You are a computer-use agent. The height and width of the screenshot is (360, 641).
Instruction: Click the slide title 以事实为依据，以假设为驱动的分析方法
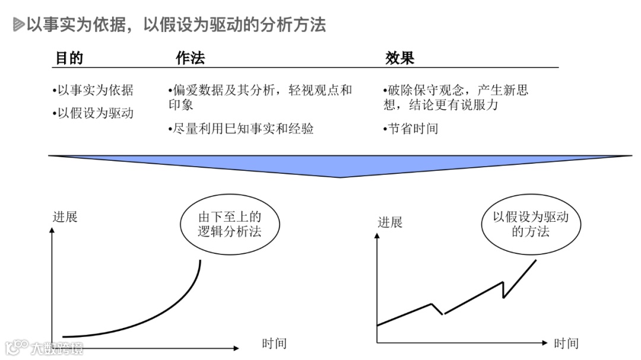(176, 25)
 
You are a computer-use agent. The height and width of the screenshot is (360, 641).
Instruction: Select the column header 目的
(69, 58)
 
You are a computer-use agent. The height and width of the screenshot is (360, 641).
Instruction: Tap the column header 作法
(190, 58)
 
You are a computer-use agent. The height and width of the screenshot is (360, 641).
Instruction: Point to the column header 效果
(399, 58)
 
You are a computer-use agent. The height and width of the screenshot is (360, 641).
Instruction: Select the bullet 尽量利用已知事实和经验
(241, 129)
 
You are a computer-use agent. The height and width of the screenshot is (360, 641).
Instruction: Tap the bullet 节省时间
(411, 129)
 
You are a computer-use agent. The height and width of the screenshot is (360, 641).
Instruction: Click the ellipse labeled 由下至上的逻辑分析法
(229, 224)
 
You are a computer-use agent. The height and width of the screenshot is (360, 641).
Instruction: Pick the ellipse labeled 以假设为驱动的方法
(531, 224)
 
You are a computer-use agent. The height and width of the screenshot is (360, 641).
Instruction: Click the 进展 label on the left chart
(65, 216)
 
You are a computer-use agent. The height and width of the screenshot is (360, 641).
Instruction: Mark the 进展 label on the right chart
(390, 222)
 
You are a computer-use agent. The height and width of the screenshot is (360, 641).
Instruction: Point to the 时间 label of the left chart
(274, 343)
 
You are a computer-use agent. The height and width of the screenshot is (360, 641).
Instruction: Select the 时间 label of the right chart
(566, 343)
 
